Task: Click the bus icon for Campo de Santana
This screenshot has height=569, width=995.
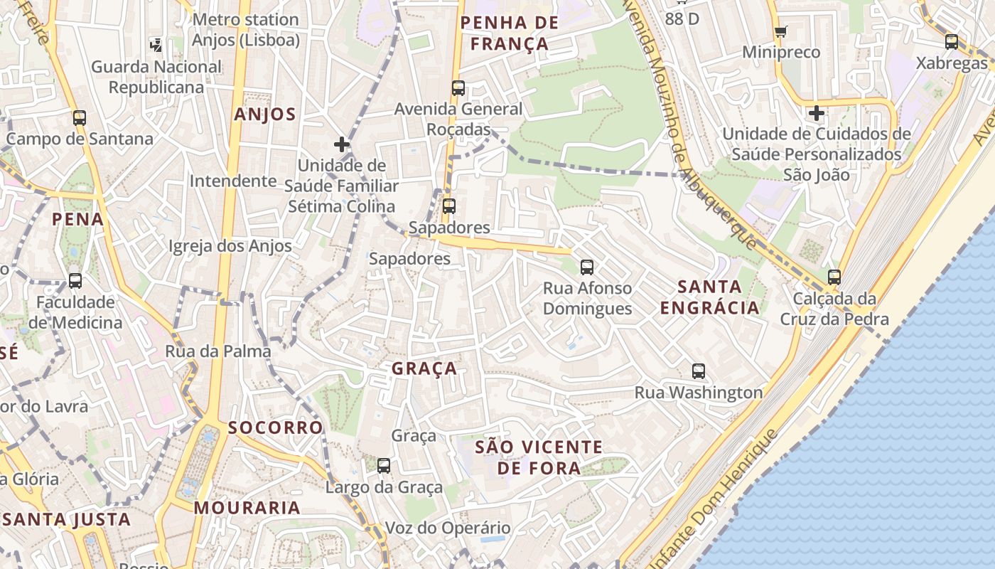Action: tap(80, 118)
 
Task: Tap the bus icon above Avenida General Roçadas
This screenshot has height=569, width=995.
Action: tap(458, 88)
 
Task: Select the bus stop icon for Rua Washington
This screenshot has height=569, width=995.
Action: tap(699, 371)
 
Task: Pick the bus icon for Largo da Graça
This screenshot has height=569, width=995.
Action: tap(384, 466)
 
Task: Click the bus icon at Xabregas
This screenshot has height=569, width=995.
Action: tap(952, 42)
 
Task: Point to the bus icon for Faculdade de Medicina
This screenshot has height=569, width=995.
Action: tap(75, 281)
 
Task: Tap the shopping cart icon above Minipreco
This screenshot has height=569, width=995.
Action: tap(780, 31)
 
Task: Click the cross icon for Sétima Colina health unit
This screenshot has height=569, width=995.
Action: tap(342, 144)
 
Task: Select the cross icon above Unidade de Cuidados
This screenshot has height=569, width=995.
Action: tap(817, 113)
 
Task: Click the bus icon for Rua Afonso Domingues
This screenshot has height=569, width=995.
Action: tap(587, 267)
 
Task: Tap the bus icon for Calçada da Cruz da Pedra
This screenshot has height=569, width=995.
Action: tap(834, 277)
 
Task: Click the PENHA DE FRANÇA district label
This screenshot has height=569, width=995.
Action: tap(510, 33)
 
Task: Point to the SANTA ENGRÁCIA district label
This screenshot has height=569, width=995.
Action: tap(709, 297)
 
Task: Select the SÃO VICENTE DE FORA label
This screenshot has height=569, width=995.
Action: tap(538, 457)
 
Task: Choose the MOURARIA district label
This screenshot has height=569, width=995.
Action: tap(247, 508)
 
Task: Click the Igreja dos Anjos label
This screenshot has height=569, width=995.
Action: tap(230, 246)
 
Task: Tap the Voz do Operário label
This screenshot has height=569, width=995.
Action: tap(448, 528)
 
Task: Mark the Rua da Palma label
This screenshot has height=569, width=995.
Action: tap(218, 351)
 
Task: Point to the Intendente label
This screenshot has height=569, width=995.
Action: tap(232, 181)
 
